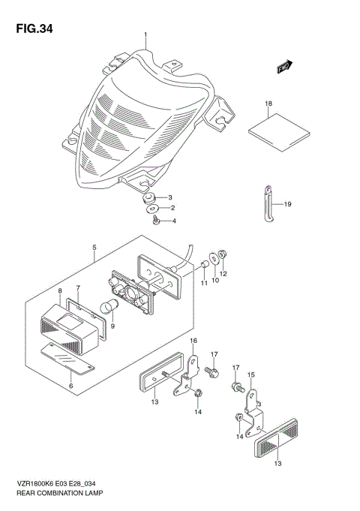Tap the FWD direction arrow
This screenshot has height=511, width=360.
pyautogui.click(x=284, y=68)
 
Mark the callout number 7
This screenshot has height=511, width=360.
pyautogui.click(x=78, y=288)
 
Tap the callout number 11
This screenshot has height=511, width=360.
pyautogui.click(x=202, y=283)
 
